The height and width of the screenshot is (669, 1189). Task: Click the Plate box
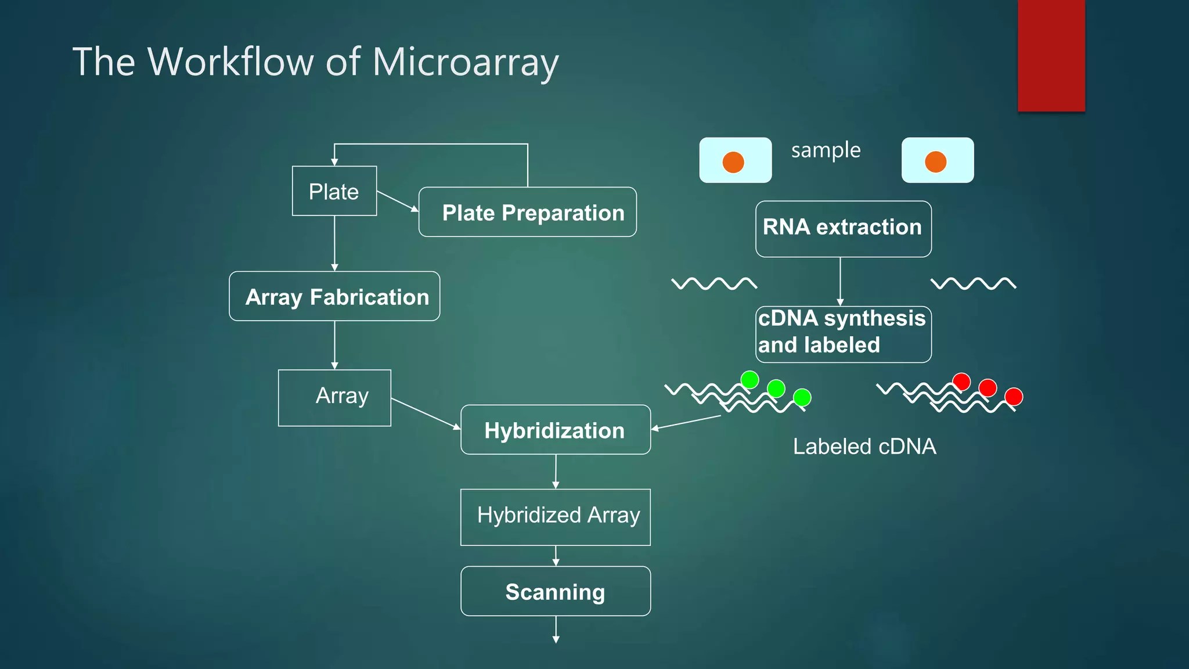pyautogui.click(x=334, y=191)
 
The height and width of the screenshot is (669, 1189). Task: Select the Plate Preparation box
pyautogui.click(x=527, y=212)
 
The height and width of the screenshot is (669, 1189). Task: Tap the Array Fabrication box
pyautogui.click(x=334, y=296)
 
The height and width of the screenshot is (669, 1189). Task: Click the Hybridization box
pyautogui.click(x=555, y=430)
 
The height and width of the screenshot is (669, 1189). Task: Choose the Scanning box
pyautogui.click(x=555, y=591)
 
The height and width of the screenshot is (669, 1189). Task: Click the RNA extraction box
pyautogui.click(x=843, y=229)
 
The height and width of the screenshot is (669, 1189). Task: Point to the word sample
pyautogui.click(x=826, y=150)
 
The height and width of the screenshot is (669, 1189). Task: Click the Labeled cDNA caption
pyautogui.click(x=864, y=447)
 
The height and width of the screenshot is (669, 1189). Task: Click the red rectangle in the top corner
pyautogui.click(x=1051, y=55)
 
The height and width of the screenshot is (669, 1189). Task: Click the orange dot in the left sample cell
pyautogui.click(x=733, y=162)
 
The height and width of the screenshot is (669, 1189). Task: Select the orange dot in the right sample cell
pyautogui.click(x=935, y=161)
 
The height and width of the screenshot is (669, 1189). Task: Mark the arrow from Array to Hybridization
pyautogui.click(x=426, y=414)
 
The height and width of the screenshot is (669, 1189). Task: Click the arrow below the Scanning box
pyautogui.click(x=556, y=630)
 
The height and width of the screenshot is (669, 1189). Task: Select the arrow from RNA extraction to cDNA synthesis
pyautogui.click(x=840, y=282)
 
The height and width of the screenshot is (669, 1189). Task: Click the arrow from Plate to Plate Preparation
pyautogui.click(x=398, y=201)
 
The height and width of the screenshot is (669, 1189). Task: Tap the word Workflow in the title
pyautogui.click(x=230, y=62)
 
